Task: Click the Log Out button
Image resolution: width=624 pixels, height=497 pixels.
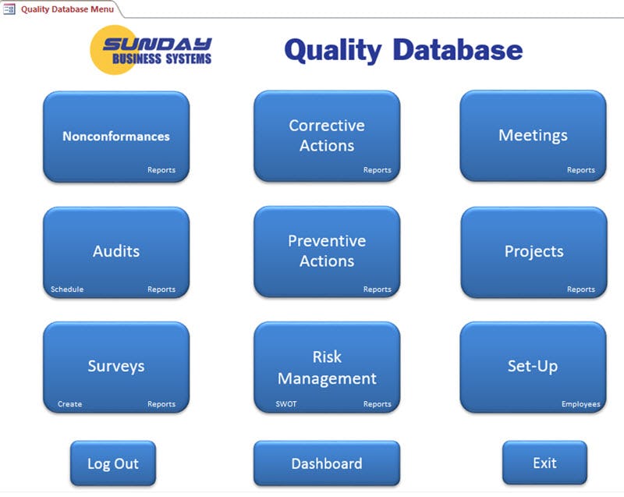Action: (x=113, y=463)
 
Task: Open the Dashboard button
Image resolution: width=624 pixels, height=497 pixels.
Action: (x=326, y=463)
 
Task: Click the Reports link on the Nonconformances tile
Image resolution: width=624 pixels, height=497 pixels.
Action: (x=161, y=170)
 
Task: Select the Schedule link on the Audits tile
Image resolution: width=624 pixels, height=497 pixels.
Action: (x=67, y=289)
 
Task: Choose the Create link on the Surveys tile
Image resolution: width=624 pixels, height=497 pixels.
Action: (x=69, y=404)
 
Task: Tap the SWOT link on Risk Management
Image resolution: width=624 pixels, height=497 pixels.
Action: (x=286, y=404)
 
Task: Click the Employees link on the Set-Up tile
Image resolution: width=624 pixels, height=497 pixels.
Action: (x=580, y=404)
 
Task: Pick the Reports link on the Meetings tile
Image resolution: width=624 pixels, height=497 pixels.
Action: (x=580, y=170)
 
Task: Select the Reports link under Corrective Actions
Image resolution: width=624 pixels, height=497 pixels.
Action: (x=377, y=170)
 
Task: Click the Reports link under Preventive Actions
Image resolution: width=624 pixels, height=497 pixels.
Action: (x=377, y=289)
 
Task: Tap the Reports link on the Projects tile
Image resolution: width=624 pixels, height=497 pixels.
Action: (x=580, y=289)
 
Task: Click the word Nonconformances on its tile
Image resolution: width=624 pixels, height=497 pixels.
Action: (x=116, y=136)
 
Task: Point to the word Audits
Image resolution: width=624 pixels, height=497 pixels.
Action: (x=116, y=251)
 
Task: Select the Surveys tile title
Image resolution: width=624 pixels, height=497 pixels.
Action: (x=116, y=366)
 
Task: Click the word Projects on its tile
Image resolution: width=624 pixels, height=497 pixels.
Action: (x=534, y=251)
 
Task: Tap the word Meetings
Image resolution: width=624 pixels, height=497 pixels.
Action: (x=533, y=135)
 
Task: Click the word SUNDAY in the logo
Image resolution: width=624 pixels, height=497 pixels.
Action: (x=157, y=44)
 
